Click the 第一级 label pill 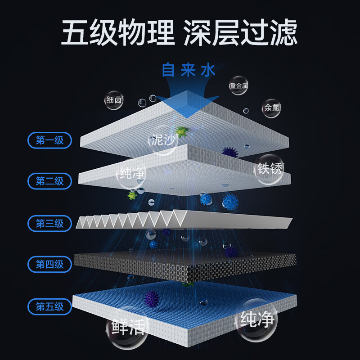click(49, 140)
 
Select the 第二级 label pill click(49, 181)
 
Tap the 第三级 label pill click(49, 223)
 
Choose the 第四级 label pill click(49, 264)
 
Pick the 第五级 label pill click(49, 306)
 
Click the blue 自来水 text click(189, 70)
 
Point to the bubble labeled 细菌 click(114, 100)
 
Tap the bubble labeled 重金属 click(238, 85)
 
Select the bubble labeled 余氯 click(271, 108)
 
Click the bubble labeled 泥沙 click(163, 140)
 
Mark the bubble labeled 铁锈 click(269, 169)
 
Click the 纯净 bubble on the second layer click(131, 174)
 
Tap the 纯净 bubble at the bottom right click(256, 319)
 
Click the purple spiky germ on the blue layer click(152, 299)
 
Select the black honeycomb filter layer click(185, 266)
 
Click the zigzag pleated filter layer click(184, 220)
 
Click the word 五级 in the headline click(88, 32)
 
